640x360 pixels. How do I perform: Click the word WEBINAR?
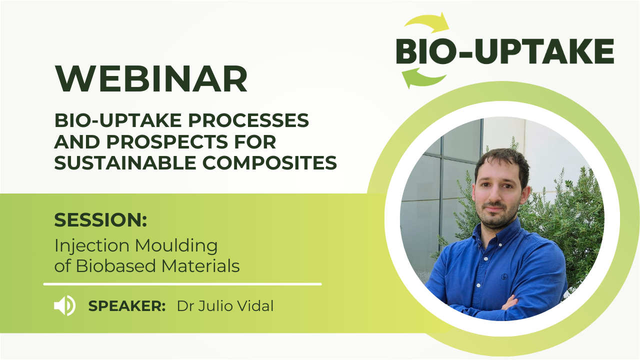pyautogui.click(x=151, y=78)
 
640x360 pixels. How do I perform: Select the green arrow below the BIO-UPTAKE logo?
pyautogui.click(x=423, y=77)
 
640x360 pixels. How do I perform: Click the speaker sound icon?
pyautogui.click(x=65, y=305)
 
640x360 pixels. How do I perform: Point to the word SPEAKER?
pyautogui.click(x=127, y=306)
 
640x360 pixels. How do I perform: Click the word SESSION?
pyautogui.click(x=100, y=219)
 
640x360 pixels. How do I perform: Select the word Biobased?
pyautogui.click(x=115, y=266)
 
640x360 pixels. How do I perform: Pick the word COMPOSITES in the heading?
pyautogui.click(x=269, y=162)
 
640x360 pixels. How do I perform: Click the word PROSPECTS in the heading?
pyautogui.click(x=167, y=141)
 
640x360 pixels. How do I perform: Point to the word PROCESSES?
pyautogui.click(x=248, y=120)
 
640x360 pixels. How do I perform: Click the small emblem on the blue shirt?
pyautogui.click(x=504, y=276)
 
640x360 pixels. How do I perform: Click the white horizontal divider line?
pyautogui.click(x=182, y=284)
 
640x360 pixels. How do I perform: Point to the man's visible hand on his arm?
pyautogui.click(x=510, y=303)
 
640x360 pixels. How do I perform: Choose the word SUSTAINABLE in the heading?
pyautogui.click(x=125, y=162)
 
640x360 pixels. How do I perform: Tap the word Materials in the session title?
pyautogui.click(x=200, y=266)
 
